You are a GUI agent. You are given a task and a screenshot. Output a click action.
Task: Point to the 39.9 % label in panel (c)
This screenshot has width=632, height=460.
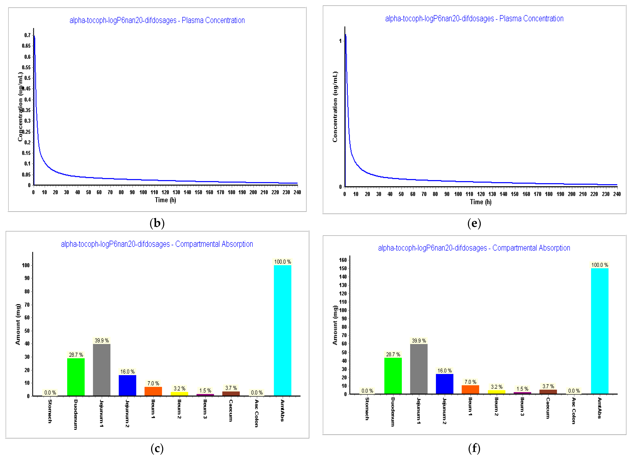point(102,341)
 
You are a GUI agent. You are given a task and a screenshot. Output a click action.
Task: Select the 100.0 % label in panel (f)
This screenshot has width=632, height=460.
point(600,265)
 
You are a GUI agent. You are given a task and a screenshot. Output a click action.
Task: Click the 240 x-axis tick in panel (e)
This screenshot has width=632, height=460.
point(617,194)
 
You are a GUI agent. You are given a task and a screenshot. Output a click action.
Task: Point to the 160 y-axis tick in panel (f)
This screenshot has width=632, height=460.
point(343,260)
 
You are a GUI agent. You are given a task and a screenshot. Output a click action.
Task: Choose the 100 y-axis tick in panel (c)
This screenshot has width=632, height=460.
point(26,265)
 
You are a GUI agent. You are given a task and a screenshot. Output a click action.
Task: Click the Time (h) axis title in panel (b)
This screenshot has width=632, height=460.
point(165,200)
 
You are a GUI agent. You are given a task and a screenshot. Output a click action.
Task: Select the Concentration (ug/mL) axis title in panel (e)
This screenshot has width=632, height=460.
point(335,107)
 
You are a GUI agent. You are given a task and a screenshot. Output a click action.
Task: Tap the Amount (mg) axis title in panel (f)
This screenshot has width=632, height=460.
point(335,325)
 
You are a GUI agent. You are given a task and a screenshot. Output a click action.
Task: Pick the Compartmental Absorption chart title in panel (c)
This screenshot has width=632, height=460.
point(157,244)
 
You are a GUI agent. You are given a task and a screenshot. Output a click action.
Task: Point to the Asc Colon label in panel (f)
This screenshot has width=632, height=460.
point(573,411)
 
